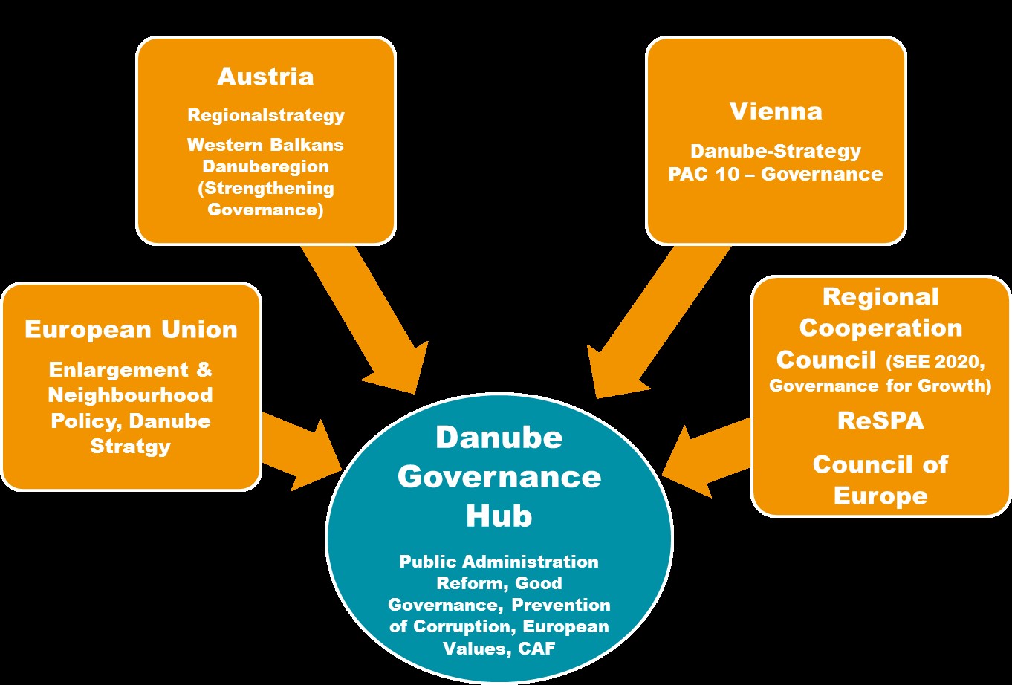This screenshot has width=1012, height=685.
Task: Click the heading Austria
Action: (x=265, y=77)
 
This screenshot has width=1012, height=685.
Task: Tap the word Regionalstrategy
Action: (x=266, y=116)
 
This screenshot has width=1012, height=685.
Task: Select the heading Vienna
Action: (x=776, y=111)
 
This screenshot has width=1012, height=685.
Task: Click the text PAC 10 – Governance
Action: (x=776, y=175)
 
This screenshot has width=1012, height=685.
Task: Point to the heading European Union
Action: (x=131, y=330)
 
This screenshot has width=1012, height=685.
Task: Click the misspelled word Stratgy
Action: (x=131, y=447)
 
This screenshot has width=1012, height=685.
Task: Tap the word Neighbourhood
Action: (x=131, y=395)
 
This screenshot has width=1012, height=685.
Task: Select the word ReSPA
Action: (x=880, y=421)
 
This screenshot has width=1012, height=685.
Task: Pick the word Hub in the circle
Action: (x=499, y=516)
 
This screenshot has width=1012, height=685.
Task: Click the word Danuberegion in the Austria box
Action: (x=266, y=166)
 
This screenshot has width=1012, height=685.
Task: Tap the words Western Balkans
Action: (x=266, y=145)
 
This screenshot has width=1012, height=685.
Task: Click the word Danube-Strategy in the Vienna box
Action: (x=776, y=152)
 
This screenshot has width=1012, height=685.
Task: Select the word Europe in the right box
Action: (x=880, y=496)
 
